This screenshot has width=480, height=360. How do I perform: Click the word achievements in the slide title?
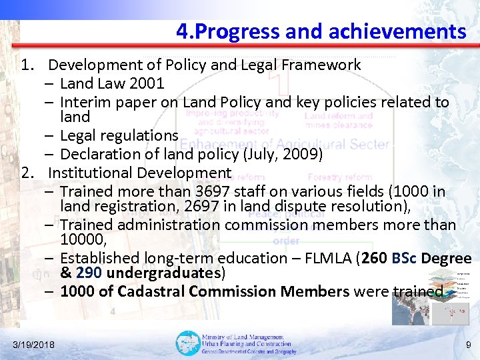(x=410, y=31)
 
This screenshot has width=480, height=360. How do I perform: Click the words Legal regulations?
(x=119, y=135)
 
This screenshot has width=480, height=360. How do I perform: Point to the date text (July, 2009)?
(x=281, y=154)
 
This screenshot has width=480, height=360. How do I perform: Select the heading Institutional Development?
(x=139, y=173)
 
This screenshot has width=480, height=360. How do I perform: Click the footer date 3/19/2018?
(x=34, y=344)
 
